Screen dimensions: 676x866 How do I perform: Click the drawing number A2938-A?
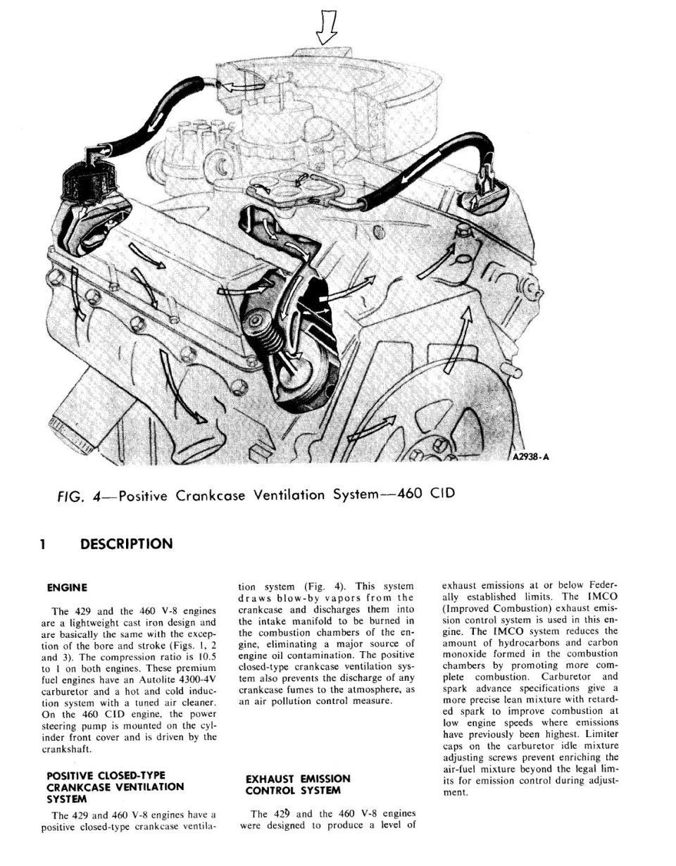(530, 457)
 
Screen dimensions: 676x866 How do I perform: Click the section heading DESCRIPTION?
(126, 544)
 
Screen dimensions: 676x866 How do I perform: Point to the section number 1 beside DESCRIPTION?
(43, 544)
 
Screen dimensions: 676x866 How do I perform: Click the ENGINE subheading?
(67, 588)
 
